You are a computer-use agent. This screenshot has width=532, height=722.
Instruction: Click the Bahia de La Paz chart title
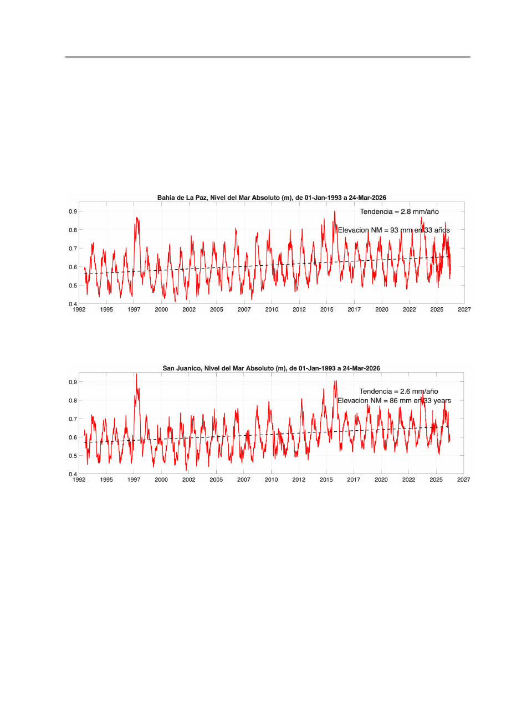pyautogui.click(x=272, y=198)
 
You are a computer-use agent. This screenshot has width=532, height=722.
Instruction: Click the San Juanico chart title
pyautogui.click(x=271, y=368)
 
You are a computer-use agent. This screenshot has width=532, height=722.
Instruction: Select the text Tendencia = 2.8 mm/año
pyautogui.click(x=399, y=212)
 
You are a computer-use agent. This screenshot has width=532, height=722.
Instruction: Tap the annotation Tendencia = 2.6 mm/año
pyautogui.click(x=398, y=391)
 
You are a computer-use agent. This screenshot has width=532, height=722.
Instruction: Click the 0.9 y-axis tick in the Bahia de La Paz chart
pyautogui.click(x=73, y=212)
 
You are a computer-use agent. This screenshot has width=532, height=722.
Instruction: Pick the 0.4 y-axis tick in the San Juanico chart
pyautogui.click(x=73, y=475)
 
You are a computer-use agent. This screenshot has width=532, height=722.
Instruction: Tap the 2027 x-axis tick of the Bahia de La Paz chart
pyautogui.click(x=464, y=310)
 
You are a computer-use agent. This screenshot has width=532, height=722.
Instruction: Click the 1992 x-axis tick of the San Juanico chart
pyautogui.click(x=79, y=480)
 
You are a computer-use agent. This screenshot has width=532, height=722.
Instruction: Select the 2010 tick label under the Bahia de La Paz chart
pyautogui.click(x=272, y=310)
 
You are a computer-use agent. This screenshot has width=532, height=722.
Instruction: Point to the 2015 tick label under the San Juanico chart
pyautogui.click(x=326, y=480)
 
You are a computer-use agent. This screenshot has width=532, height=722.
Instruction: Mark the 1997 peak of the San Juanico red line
pyautogui.click(x=136, y=374)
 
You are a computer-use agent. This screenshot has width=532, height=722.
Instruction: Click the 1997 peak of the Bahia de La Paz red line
pyautogui.click(x=137, y=218)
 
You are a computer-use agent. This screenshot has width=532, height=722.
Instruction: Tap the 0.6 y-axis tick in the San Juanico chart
pyautogui.click(x=73, y=437)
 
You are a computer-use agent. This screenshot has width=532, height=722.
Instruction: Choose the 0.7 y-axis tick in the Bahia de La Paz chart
pyautogui.click(x=73, y=249)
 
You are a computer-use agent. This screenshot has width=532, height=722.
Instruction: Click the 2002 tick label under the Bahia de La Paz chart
pyautogui.click(x=189, y=310)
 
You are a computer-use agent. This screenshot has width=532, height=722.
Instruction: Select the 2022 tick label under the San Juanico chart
pyautogui.click(x=408, y=480)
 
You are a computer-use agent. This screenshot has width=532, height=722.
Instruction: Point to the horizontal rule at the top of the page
pyautogui.click(x=267, y=56)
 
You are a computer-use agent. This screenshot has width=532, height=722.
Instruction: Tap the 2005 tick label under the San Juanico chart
pyautogui.click(x=216, y=480)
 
